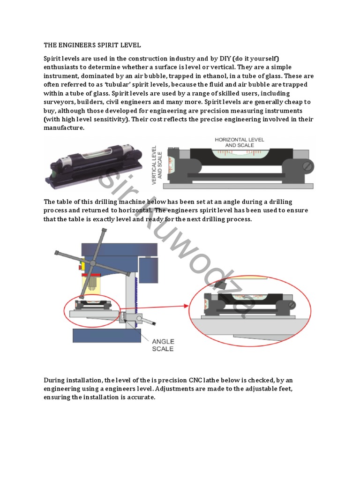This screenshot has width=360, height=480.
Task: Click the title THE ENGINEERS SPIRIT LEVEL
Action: click(x=92, y=45)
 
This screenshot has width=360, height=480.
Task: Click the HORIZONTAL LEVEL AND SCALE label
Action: click(x=239, y=142)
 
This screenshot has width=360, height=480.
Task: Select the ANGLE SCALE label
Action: click(x=163, y=345)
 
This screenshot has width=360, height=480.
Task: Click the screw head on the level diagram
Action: click(x=307, y=166)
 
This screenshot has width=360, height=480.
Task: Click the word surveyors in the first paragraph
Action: click(x=60, y=102)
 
